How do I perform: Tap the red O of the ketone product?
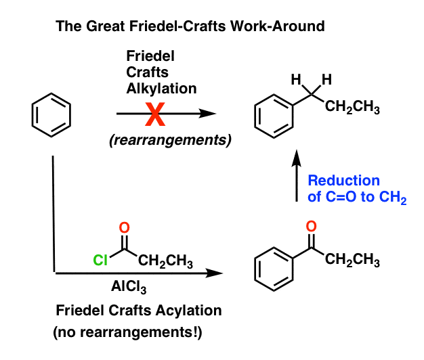tap(311, 227)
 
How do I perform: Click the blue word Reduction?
tap(343, 181)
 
